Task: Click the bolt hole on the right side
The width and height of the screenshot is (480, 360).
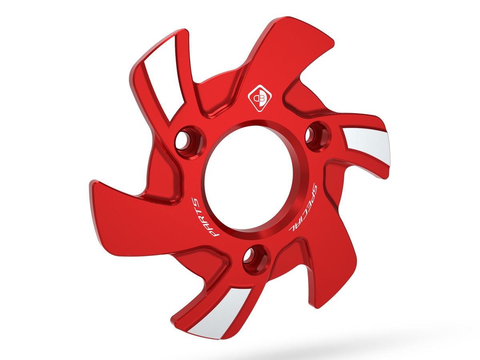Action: (316, 136)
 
